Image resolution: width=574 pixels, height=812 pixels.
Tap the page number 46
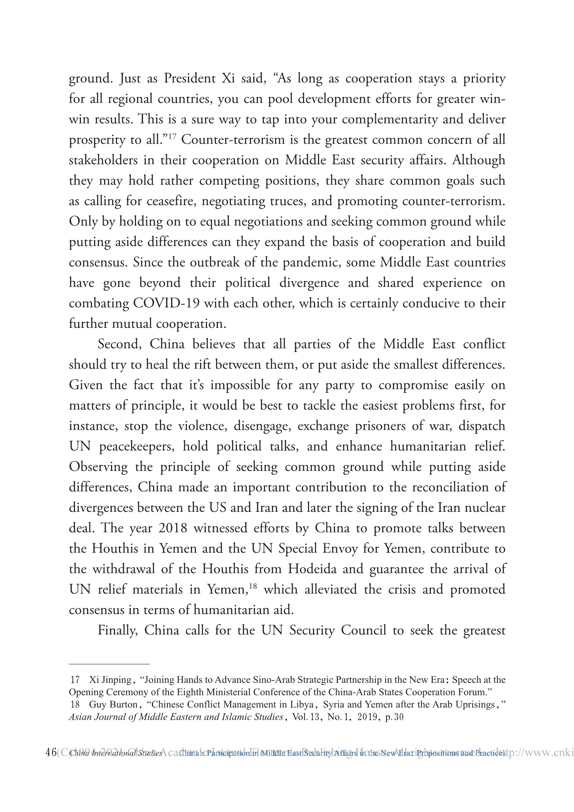[x=51, y=753]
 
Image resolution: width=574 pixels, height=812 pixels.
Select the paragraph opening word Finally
[x=118, y=631]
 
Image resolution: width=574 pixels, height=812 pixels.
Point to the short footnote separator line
[x=109, y=664]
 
